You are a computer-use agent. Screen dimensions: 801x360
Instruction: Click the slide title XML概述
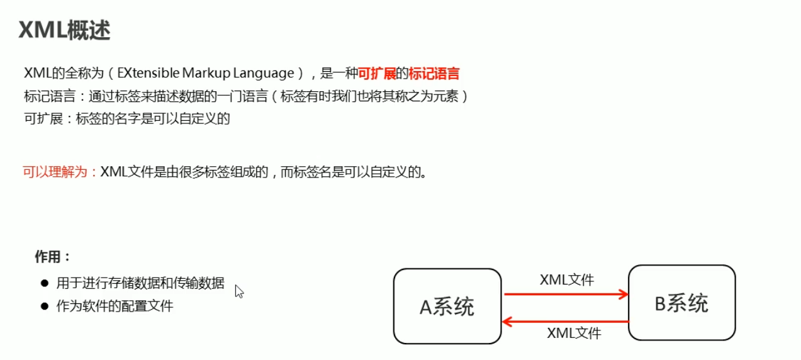[x=65, y=30]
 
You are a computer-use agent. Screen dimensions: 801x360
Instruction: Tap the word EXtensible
[x=150, y=73]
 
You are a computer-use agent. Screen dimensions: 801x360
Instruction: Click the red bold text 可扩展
[x=376, y=73]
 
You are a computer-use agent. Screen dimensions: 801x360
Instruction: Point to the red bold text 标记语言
[x=434, y=73]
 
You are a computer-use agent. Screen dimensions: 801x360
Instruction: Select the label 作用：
[x=53, y=257]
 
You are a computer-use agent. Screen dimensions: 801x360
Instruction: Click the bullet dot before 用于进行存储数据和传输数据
[x=44, y=284]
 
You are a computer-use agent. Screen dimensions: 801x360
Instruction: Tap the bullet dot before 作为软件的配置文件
[x=44, y=307]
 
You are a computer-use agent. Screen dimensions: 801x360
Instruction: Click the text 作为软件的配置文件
[x=115, y=307]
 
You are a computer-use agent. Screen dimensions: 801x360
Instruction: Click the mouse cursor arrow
[x=239, y=291]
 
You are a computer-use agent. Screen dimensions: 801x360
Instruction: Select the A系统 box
[x=447, y=306]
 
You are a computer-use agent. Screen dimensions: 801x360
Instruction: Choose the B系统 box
[x=681, y=303]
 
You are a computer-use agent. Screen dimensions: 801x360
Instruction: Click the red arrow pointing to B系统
[x=566, y=294]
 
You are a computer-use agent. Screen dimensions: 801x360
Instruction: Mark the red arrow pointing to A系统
[x=566, y=322]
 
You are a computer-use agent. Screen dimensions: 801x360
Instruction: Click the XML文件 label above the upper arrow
[x=566, y=279]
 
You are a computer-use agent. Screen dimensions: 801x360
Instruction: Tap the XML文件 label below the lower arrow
[x=574, y=334]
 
